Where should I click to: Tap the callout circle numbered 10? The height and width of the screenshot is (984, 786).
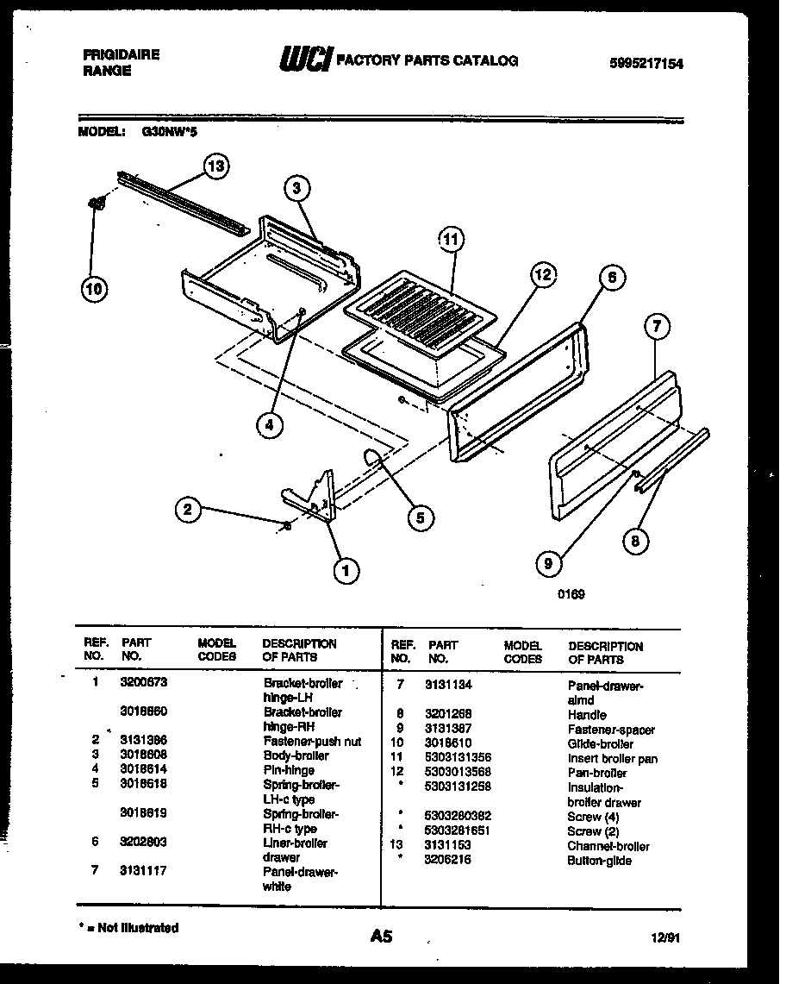(x=96, y=290)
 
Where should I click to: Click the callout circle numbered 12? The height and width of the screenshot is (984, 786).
(x=541, y=276)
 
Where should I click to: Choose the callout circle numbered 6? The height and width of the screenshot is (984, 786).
(x=610, y=279)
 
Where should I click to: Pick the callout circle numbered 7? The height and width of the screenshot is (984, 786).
(x=658, y=328)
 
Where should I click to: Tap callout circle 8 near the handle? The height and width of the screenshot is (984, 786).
(x=636, y=542)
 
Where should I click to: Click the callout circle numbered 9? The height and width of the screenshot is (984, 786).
(x=548, y=564)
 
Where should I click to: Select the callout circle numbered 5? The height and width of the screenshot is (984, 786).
(x=420, y=517)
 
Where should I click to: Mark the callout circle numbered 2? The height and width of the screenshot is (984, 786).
(x=189, y=510)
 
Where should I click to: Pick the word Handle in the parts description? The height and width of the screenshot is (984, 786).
(x=587, y=715)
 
